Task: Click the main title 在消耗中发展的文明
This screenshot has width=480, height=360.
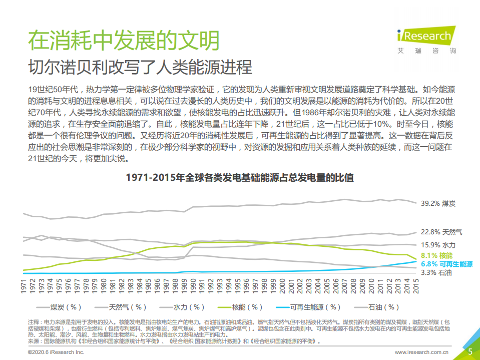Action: (124, 40)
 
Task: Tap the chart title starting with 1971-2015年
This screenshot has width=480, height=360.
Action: (240, 178)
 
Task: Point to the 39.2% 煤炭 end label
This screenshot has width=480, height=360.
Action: (438, 203)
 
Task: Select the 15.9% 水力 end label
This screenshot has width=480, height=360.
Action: (438, 245)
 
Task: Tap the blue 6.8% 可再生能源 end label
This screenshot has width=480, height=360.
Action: (446, 263)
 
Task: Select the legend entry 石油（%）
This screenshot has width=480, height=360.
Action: (383, 307)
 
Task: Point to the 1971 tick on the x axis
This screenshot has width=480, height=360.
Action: (24, 287)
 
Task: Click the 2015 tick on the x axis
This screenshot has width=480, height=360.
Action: (415, 287)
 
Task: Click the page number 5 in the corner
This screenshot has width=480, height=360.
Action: (470, 351)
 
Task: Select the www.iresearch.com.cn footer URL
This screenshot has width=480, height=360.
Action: (422, 352)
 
